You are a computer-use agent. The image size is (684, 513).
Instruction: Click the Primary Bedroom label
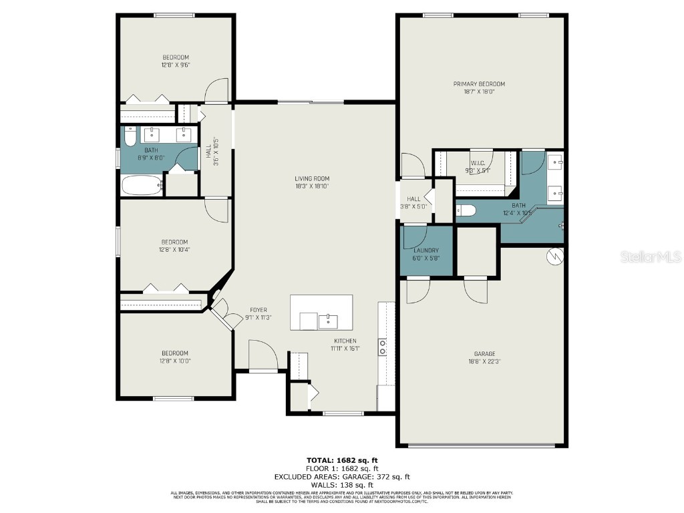click(479, 84)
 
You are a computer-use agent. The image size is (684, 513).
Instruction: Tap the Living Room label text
click(312, 178)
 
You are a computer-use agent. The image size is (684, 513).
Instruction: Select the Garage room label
click(484, 354)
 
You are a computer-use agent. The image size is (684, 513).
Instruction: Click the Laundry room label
click(425, 250)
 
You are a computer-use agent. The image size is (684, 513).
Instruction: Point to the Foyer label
click(259, 310)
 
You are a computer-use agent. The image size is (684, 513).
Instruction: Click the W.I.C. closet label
click(477, 162)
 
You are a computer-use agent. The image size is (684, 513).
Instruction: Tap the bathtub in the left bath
click(142, 186)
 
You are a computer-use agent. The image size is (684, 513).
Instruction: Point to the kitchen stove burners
click(383, 346)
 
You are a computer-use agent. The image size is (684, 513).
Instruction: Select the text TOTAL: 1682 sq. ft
click(342, 460)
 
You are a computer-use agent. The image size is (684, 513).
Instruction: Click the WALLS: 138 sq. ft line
click(342, 485)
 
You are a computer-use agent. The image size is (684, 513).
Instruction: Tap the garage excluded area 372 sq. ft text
click(342, 477)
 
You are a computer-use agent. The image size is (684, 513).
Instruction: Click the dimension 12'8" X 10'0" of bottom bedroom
click(174, 361)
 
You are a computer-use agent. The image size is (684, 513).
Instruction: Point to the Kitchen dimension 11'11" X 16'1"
click(346, 349)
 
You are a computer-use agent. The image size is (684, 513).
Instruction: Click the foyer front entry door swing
click(262, 355)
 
